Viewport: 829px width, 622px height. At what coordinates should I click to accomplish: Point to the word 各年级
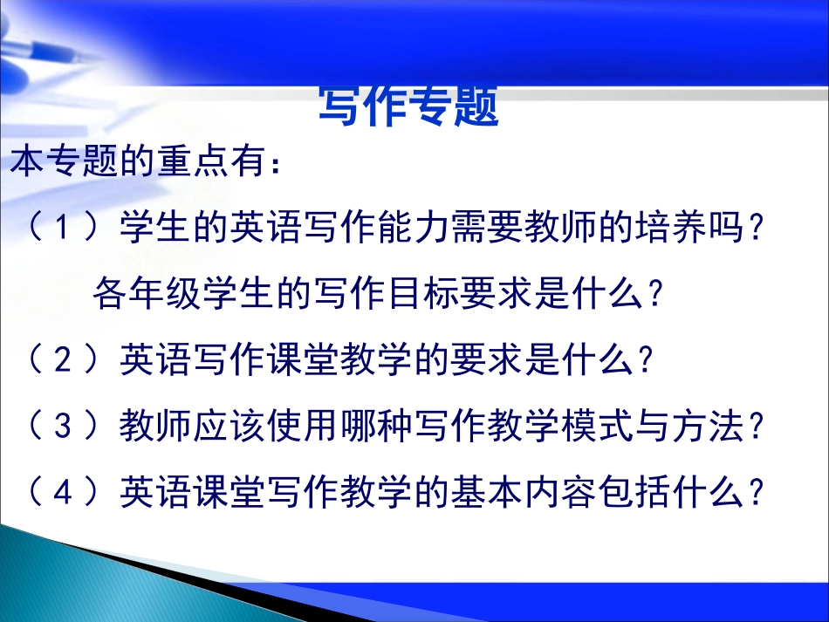pos(145,294)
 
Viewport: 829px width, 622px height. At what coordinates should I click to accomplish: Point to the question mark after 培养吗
pos(758,230)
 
